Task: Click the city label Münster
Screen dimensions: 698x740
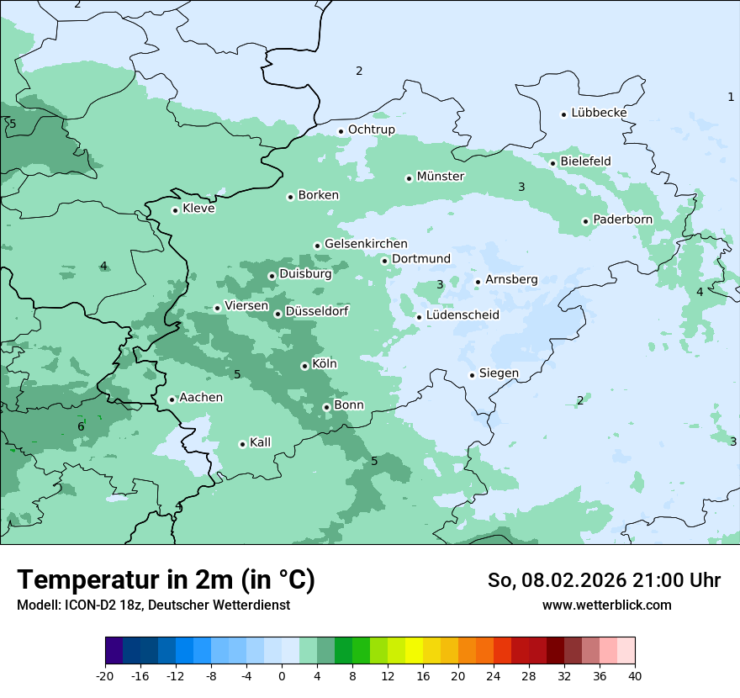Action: (x=441, y=177)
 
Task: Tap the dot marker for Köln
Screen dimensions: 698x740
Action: (x=304, y=366)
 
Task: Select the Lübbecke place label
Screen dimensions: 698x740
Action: (x=599, y=113)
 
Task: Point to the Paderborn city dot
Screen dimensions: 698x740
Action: (x=585, y=221)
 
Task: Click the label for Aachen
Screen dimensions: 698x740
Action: (x=201, y=398)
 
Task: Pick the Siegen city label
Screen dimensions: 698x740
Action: (x=499, y=373)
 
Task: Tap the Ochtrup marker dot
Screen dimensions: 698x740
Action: (x=341, y=131)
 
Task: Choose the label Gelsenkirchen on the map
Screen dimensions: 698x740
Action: (x=366, y=244)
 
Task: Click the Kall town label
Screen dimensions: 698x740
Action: (x=261, y=442)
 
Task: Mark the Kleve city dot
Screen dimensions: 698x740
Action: (x=175, y=210)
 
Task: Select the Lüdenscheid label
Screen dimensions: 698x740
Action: (x=462, y=315)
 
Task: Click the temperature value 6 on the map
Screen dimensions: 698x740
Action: (x=81, y=427)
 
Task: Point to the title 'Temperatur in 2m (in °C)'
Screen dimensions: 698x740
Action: (x=166, y=580)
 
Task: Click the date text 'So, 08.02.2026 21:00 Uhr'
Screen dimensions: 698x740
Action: (x=604, y=580)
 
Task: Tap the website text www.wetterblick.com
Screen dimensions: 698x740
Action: (x=606, y=605)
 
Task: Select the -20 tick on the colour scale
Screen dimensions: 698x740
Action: (x=105, y=675)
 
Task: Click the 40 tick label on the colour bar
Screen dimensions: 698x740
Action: (x=635, y=675)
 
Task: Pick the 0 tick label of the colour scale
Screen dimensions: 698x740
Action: (x=282, y=675)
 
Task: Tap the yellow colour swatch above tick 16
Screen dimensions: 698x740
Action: (x=414, y=651)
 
